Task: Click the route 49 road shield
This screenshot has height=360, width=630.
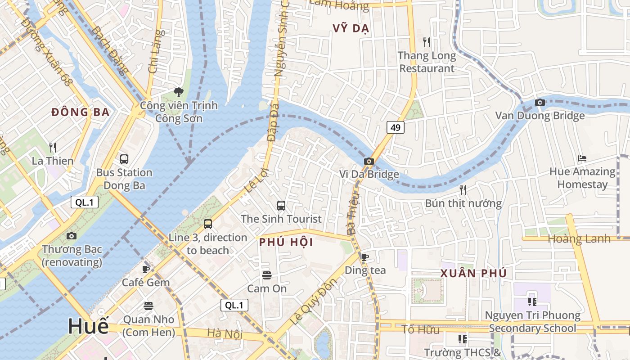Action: (x=396, y=127)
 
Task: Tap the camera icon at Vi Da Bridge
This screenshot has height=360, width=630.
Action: (x=369, y=161)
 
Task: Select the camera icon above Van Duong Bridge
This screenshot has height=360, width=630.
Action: (x=540, y=102)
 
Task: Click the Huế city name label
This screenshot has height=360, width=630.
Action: (x=88, y=326)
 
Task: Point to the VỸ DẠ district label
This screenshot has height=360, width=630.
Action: (x=351, y=28)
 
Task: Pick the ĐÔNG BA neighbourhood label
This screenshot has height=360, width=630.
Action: (x=81, y=112)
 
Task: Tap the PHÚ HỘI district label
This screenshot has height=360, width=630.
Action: (x=286, y=242)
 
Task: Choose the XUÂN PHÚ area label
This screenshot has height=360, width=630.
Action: (x=473, y=273)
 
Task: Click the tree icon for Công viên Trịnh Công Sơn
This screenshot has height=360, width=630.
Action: (x=179, y=92)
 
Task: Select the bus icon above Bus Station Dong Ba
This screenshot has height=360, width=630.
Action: (x=124, y=159)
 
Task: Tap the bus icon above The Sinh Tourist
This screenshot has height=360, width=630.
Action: (x=281, y=206)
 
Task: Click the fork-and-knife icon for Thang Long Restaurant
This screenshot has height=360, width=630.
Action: (x=427, y=42)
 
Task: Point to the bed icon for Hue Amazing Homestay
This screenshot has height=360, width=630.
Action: (x=582, y=158)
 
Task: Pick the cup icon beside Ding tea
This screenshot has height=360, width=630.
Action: (x=365, y=257)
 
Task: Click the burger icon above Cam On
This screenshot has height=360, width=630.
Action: (x=267, y=275)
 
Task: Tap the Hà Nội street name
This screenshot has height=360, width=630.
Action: (x=225, y=334)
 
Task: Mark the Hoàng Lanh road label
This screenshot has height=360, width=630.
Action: (x=579, y=238)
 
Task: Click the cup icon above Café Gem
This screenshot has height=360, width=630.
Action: (x=146, y=269)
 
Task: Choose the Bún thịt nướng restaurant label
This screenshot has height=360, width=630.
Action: (x=463, y=203)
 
